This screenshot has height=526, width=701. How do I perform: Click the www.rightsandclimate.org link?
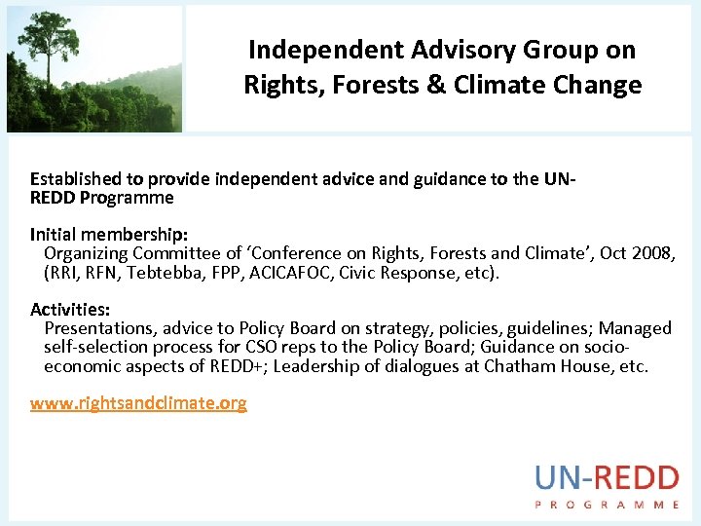point(138,403)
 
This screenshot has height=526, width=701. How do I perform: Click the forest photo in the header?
point(93,68)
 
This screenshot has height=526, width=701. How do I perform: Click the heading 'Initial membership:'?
point(109,235)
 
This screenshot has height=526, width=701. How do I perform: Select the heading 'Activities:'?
point(70,310)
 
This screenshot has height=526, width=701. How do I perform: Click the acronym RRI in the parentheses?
point(64,272)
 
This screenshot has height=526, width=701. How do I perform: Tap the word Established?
point(76,179)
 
